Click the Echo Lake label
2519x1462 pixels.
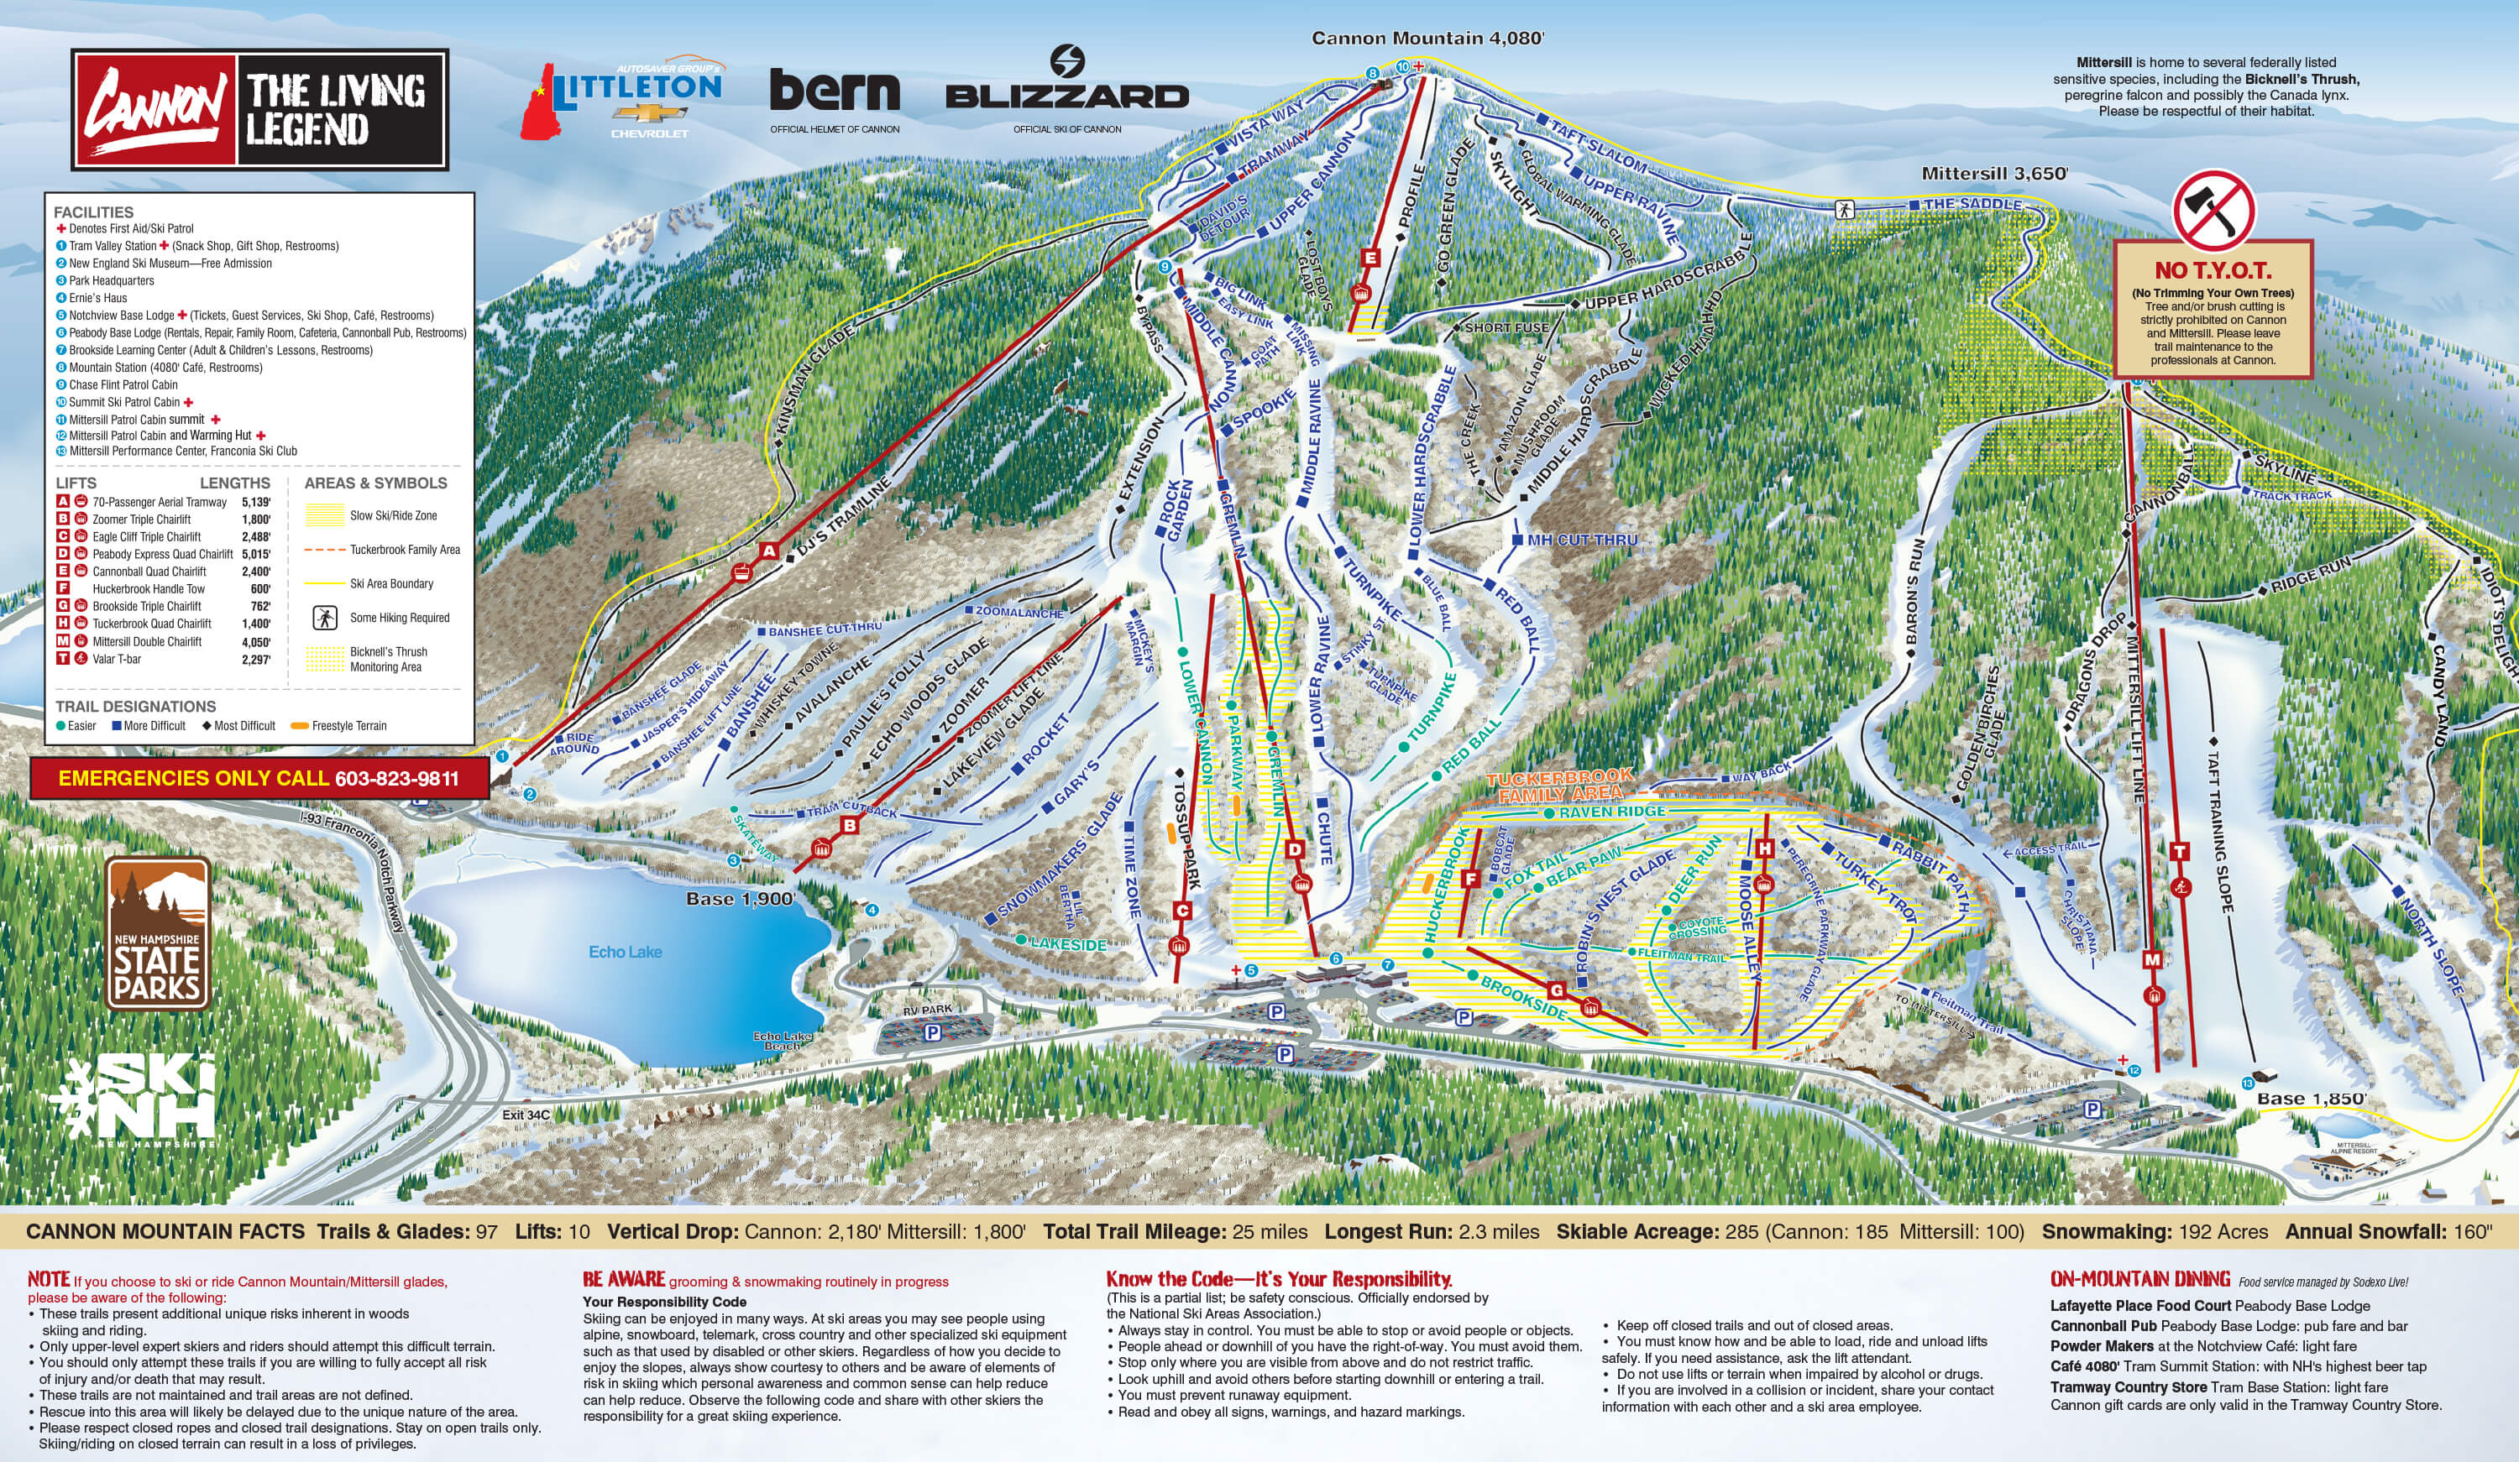(625, 953)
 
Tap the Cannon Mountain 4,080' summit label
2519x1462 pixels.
(1427, 38)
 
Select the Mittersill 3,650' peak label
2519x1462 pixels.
(1994, 173)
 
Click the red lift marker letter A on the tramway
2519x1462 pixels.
(767, 551)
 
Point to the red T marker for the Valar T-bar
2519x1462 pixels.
(2180, 851)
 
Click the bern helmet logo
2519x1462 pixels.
(835, 92)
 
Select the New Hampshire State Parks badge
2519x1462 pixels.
(158, 932)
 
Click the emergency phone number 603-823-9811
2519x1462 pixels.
(397, 779)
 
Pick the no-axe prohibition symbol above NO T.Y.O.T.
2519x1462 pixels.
(2213, 211)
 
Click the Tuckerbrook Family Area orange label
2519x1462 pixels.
(1559, 786)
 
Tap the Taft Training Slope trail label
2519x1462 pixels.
(2218, 829)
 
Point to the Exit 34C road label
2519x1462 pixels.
(526, 1115)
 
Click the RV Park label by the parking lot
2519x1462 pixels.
(927, 1010)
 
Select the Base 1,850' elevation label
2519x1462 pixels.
(2311, 1099)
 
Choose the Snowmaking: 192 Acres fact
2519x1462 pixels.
(2154, 1231)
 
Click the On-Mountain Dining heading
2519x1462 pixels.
(2139, 1279)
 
